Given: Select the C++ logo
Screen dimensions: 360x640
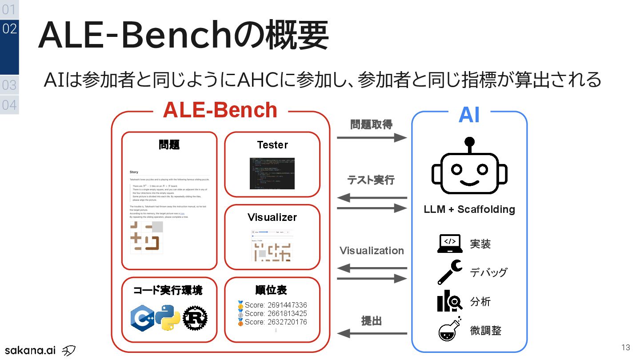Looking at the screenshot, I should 142,318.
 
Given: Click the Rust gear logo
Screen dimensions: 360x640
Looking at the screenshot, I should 195,318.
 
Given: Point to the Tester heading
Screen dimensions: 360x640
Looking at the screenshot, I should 272,145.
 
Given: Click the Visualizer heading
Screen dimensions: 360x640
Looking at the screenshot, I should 272,217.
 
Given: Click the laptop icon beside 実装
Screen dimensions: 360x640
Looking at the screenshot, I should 450,244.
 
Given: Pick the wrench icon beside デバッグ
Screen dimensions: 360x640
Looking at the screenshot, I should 450,272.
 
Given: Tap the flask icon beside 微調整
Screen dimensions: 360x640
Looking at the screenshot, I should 450,329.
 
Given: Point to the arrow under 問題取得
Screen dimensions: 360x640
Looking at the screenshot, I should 372,138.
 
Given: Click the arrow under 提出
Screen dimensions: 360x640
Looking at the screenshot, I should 372,333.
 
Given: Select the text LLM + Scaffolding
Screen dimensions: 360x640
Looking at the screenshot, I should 469,209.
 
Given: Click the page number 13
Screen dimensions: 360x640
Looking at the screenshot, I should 626,348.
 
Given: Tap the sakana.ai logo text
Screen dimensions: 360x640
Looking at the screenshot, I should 30,350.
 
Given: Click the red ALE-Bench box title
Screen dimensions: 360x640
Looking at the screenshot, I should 220,110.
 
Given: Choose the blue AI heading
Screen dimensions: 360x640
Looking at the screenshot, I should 469,115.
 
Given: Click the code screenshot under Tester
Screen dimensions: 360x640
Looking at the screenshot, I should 272,173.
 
